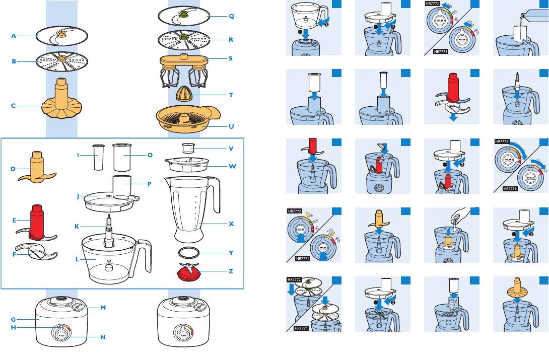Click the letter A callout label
(14, 36)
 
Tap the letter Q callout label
(231, 16)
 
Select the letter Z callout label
(231, 271)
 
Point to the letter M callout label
(103, 307)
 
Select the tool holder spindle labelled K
(108, 232)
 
